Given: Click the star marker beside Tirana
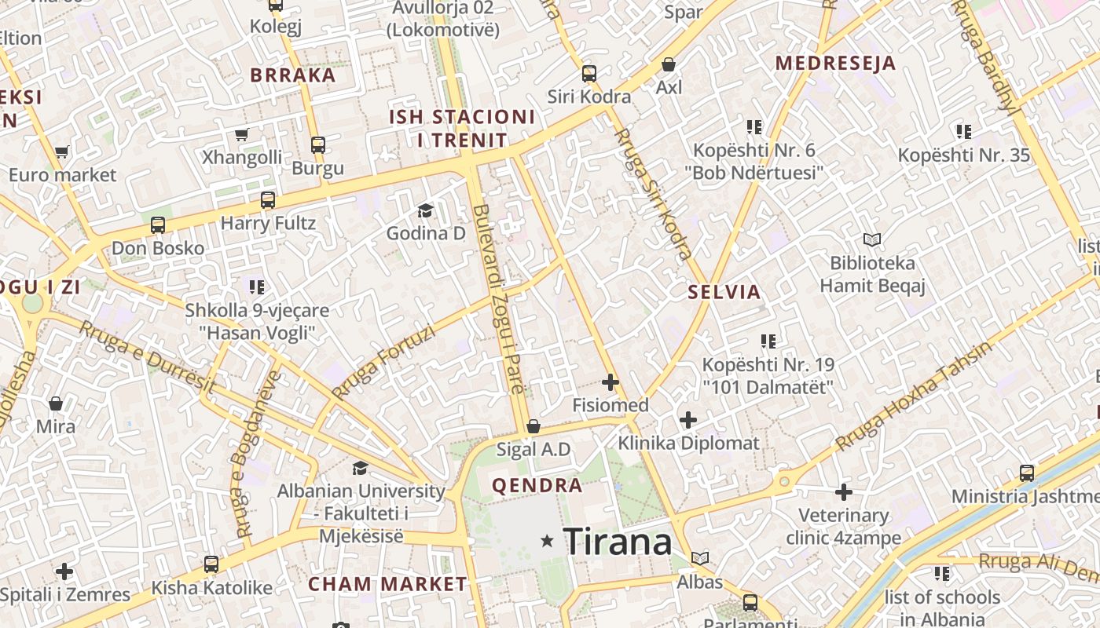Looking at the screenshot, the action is pos(547,541).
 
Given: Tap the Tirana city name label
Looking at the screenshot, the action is pos(618,542).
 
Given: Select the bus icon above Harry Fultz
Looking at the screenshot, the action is pos(268,200).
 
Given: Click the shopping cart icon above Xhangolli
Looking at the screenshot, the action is pos(242,134).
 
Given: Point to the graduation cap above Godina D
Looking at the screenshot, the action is pos(425,210).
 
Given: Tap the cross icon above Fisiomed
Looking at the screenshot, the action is pos(610,382).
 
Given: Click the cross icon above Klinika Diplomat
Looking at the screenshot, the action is pos(688,420).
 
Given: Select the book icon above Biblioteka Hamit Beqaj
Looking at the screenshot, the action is pos(872,239).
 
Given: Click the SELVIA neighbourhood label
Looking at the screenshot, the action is pos(724,292).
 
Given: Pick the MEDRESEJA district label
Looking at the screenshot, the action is pos(836,63).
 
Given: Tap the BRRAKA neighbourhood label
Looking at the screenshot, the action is pos(293,75).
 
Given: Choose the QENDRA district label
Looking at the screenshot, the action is pos(537,485).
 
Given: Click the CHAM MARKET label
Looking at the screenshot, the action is pos(387,584).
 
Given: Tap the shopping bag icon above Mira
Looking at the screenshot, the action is pos(56,404).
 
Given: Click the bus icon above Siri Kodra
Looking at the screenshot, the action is pos(589,74).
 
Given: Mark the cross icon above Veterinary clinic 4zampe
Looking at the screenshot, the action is pos(844,492).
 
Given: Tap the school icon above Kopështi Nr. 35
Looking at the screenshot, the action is pos(963,132).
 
